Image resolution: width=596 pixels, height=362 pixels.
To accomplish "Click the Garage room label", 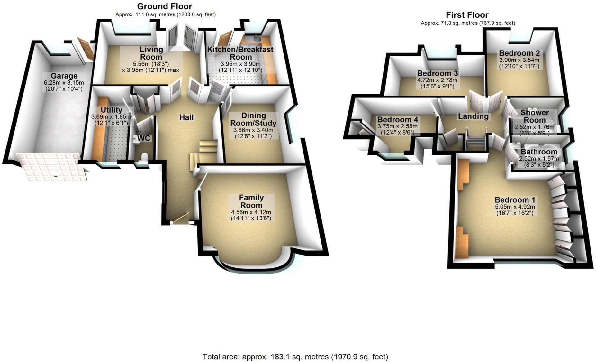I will coord(64,76).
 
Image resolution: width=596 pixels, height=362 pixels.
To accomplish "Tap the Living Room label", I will coord(151,53).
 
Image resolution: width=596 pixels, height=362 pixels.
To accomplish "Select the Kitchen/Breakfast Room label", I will coord(240,53).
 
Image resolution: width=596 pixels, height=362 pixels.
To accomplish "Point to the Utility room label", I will coord(111,110).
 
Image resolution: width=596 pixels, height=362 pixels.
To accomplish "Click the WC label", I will coord(143,138).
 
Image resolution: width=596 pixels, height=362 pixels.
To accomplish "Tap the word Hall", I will coord(186,117).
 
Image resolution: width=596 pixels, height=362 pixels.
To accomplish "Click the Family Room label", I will coord(251,201).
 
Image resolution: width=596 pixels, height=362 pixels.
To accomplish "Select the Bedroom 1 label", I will coord(515,200).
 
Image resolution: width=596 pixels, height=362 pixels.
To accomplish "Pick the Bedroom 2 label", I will coord(519,53).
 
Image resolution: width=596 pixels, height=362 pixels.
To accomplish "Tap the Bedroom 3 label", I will coord(437,73).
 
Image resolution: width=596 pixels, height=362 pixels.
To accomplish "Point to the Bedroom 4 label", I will coord(398,120).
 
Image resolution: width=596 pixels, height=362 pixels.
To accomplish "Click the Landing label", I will coord(473,116).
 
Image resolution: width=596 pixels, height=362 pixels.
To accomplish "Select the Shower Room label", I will coord(534,116).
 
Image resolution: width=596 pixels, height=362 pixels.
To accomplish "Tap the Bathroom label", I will coord(539,152).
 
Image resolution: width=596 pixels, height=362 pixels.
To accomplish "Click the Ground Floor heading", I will coord(164,6).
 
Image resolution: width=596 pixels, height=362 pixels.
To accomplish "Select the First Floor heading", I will coord(467,15).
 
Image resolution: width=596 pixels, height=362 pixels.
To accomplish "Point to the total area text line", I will coord(295,357).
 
